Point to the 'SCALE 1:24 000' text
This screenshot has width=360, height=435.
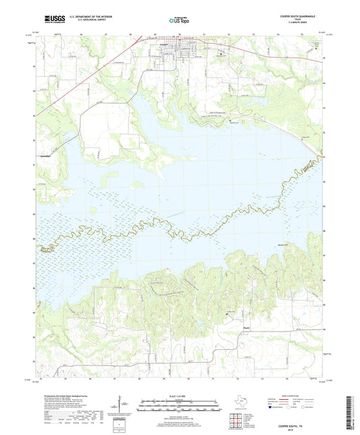[179, 395]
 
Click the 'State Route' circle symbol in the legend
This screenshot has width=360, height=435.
[316, 407]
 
